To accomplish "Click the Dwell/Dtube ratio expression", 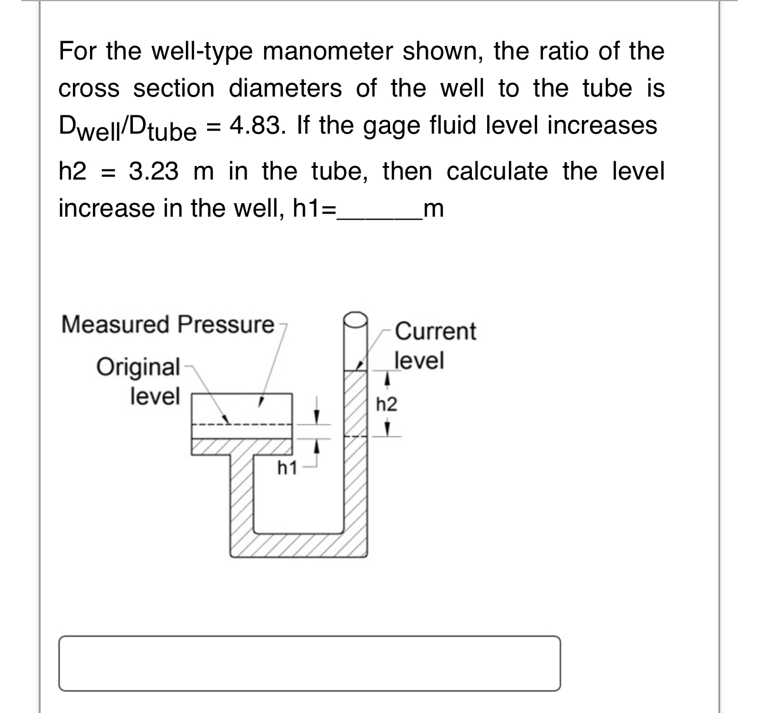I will click(127, 127).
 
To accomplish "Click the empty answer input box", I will click(309, 662).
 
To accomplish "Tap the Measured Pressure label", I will click(168, 324).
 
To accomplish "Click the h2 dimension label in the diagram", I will click(387, 404).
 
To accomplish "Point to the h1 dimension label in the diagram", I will click(287, 469).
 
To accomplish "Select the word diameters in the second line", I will click(285, 89).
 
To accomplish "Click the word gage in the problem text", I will click(385, 125).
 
